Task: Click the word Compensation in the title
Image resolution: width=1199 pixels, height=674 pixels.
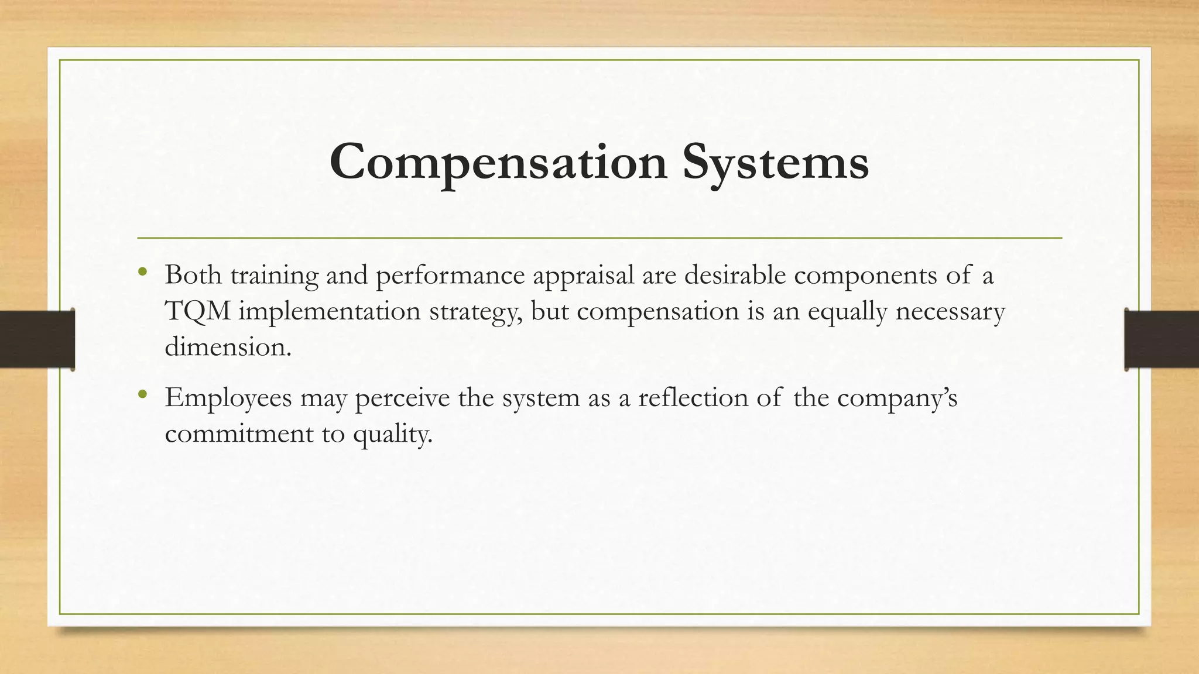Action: [x=498, y=162]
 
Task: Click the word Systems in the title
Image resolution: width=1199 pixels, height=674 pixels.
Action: [x=775, y=162]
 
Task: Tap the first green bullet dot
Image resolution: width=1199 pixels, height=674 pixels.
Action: [x=142, y=272]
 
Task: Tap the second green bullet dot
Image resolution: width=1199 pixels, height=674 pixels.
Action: [x=142, y=395]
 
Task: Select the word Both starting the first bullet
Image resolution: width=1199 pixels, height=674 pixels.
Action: [x=193, y=275]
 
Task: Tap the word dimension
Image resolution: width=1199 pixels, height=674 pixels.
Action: [x=227, y=347]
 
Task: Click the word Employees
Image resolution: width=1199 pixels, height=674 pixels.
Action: [x=228, y=399]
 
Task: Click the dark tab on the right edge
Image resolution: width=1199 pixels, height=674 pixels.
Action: [x=1162, y=339]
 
